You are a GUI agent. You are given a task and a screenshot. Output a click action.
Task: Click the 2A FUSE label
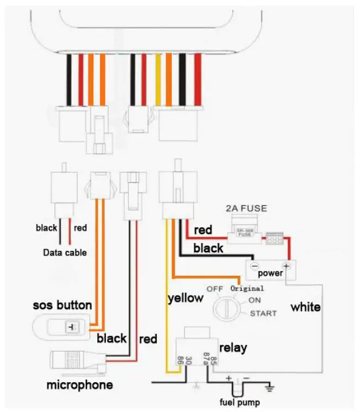coord(247,209)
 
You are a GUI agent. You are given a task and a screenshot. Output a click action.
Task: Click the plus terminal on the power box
coord(286,266)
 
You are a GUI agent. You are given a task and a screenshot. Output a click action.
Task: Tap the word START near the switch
coord(263,313)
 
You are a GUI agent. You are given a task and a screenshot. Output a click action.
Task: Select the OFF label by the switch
coord(215,288)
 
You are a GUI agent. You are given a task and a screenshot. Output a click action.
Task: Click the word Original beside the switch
coord(247,288)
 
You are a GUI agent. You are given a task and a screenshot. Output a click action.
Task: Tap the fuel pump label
coord(239,402)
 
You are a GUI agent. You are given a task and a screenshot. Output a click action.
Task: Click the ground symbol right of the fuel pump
coord(270,389)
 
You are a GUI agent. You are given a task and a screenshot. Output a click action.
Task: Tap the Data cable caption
coord(65,252)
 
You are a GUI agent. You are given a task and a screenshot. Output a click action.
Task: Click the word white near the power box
coord(305,307)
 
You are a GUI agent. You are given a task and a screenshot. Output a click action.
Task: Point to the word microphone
coord(80,384)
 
